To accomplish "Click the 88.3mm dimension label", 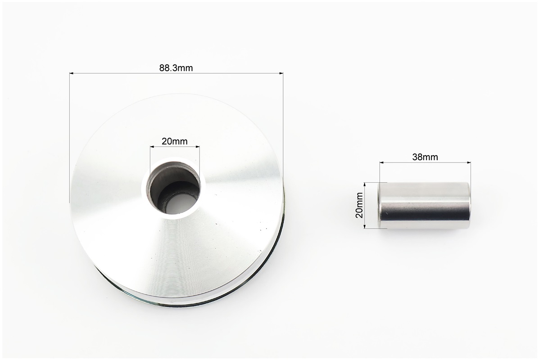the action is [176, 68].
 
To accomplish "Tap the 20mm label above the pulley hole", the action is [175, 141].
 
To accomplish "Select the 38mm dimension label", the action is [425, 157].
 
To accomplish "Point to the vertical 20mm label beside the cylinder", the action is [359, 205].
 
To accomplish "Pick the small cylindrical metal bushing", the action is [424, 205].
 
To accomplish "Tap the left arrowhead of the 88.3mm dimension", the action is [72, 73].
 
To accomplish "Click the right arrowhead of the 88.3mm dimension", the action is [281, 73].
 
